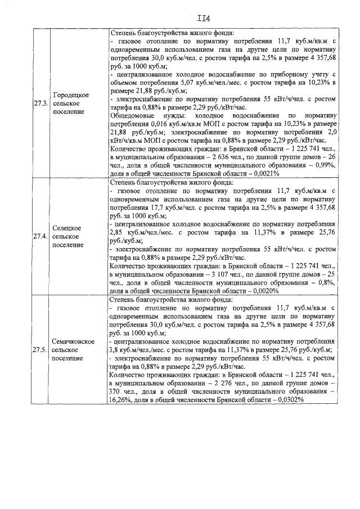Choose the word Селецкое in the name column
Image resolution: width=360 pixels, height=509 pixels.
tap(66, 228)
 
